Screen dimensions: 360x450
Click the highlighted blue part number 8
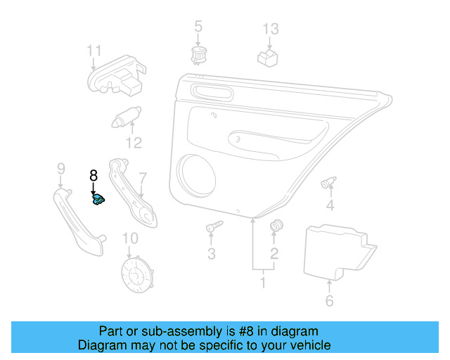100,200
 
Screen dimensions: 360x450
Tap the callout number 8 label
93,176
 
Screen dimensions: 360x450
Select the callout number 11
94,51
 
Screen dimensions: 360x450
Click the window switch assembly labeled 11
115,76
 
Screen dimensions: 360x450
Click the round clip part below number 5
198,53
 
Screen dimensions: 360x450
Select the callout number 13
271,30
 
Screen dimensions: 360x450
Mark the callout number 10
131,239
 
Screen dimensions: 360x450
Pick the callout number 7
142,179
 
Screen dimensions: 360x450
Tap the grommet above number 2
276,226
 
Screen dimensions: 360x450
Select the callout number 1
263,283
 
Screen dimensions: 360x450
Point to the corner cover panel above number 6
336,250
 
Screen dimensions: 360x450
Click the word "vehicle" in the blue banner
307,345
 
